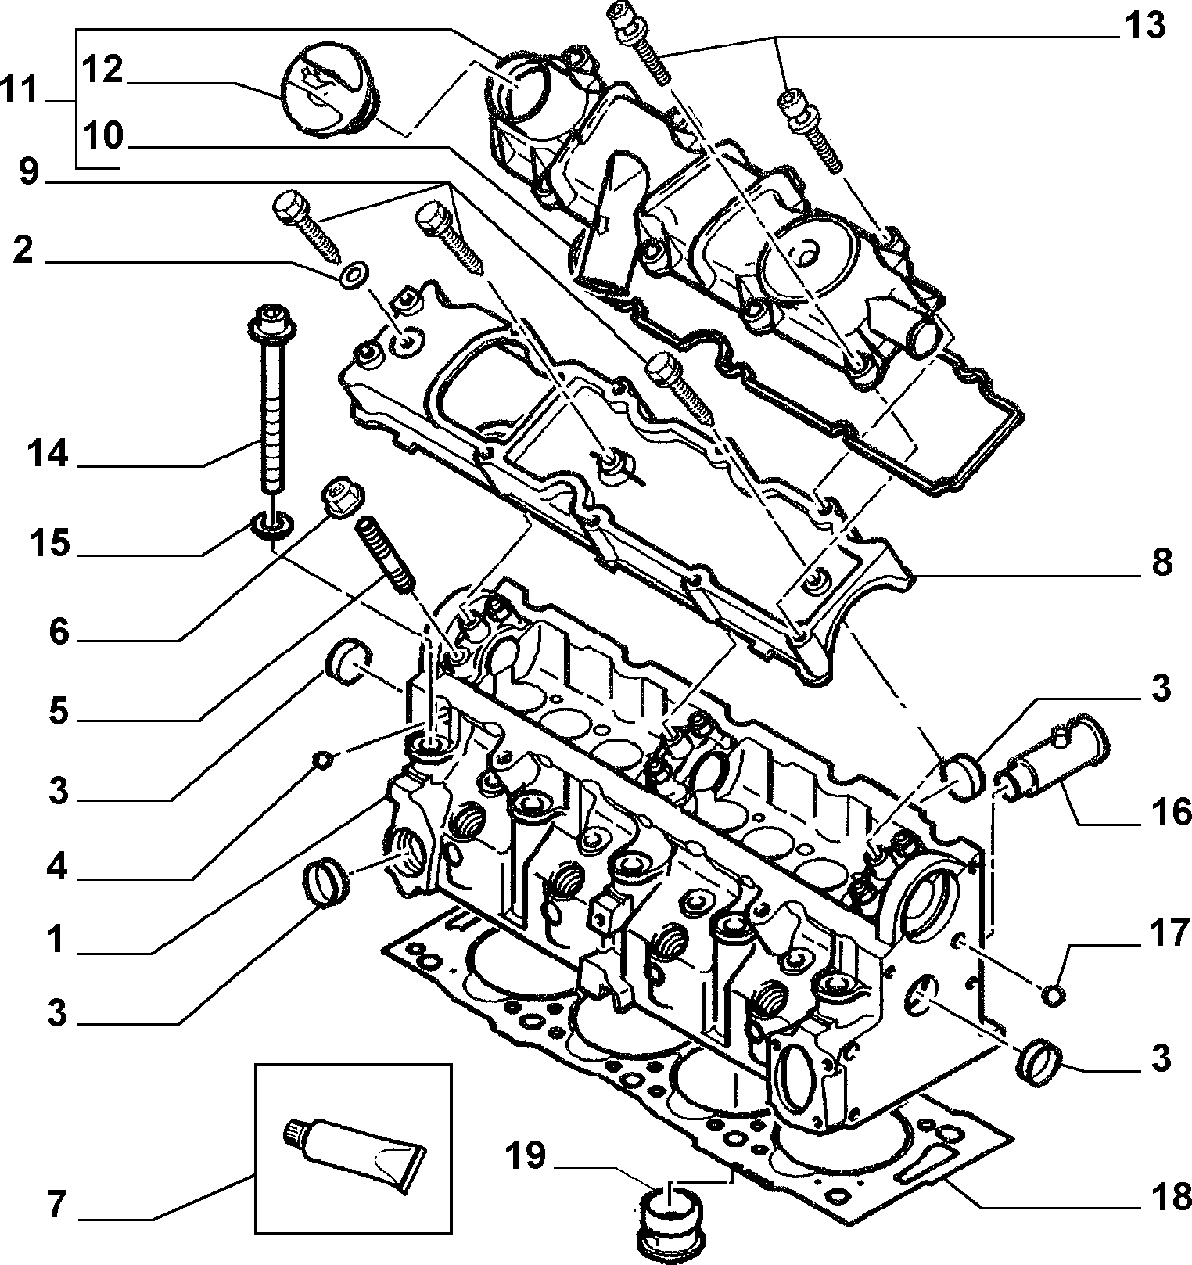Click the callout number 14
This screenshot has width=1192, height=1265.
pyautogui.click(x=48, y=454)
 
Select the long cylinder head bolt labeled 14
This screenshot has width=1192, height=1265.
pyautogui.click(x=271, y=407)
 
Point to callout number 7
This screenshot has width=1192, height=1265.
pyautogui.click(x=55, y=1204)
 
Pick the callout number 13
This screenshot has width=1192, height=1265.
pyautogui.click(x=1144, y=26)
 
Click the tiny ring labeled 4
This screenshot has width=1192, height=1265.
pyautogui.click(x=320, y=758)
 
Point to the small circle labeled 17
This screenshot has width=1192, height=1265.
pyautogui.click(x=1054, y=995)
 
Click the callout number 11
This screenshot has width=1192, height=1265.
pyautogui.click(x=20, y=92)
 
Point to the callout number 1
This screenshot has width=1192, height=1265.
pyautogui.click(x=56, y=939)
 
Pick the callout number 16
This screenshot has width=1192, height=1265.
pyautogui.click(x=1170, y=812)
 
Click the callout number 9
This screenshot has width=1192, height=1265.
pyautogui.click(x=29, y=171)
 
